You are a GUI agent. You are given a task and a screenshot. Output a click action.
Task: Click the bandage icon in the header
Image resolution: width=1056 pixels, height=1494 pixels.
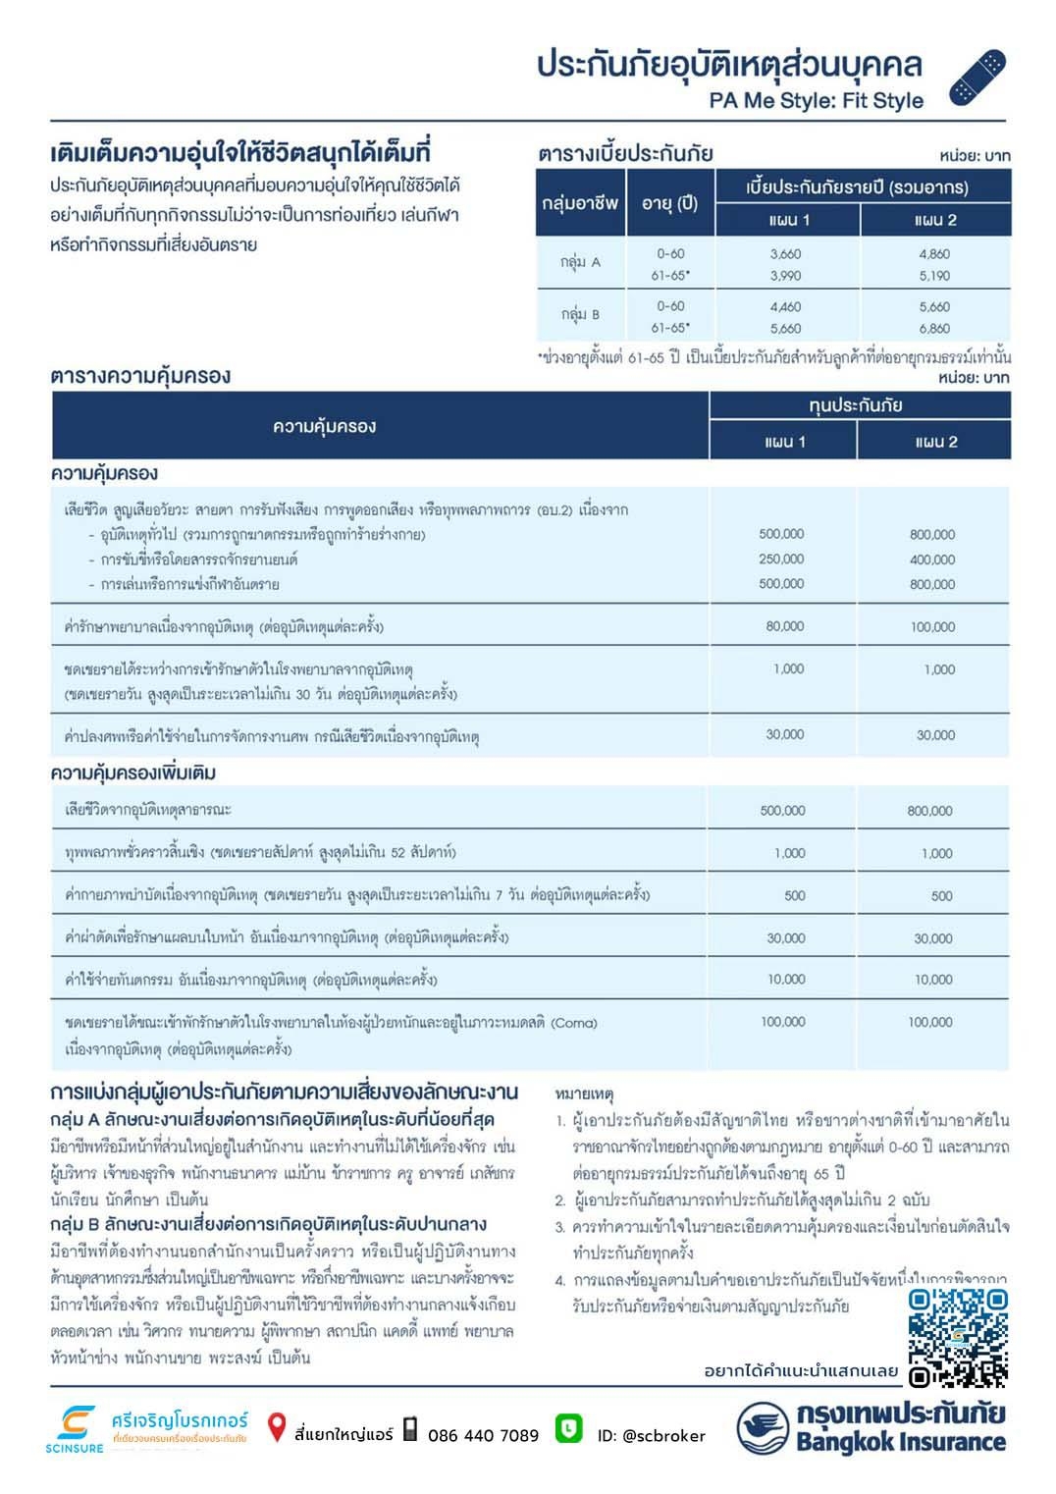click(x=977, y=78)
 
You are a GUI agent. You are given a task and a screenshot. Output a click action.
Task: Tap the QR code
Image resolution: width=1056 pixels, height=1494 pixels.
click(x=957, y=1337)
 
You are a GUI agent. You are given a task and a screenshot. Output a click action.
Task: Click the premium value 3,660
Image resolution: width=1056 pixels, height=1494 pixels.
click(x=785, y=253)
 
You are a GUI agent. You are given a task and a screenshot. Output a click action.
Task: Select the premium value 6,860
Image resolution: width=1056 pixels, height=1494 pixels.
click(x=934, y=329)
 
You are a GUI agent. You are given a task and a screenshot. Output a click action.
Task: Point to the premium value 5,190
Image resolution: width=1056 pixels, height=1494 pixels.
click(x=934, y=276)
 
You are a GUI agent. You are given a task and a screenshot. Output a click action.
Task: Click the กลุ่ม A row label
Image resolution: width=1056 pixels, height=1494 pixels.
click(x=580, y=262)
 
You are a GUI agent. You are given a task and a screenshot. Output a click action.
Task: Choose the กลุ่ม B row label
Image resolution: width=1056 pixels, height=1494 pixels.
click(x=580, y=314)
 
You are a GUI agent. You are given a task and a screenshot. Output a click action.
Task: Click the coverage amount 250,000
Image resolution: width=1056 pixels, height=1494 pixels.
click(x=781, y=559)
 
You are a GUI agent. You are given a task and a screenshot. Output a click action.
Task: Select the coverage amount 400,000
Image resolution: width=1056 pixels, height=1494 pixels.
click(x=931, y=560)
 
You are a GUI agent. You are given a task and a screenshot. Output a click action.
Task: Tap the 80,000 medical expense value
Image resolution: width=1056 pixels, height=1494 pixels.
click(x=785, y=625)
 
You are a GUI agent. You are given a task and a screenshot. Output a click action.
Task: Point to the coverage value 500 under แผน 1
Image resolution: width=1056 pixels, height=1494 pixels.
click(x=795, y=895)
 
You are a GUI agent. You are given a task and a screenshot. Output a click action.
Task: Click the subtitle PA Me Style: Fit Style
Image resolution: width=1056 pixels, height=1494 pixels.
click(x=816, y=100)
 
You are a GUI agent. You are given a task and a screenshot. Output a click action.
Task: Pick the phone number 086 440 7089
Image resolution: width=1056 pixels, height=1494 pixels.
click(x=483, y=1435)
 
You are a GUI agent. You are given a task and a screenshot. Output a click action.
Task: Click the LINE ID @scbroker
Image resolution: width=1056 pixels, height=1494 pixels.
click(x=652, y=1435)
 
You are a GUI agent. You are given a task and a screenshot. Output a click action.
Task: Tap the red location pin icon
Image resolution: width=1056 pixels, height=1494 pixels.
click(x=277, y=1428)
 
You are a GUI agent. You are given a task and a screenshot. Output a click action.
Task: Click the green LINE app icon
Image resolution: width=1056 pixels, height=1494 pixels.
click(x=568, y=1428)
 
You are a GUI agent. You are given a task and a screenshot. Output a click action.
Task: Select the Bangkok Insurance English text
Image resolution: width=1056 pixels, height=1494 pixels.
click(x=900, y=1442)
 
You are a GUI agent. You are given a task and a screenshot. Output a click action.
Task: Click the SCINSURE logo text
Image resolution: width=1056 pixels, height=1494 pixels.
click(x=74, y=1448)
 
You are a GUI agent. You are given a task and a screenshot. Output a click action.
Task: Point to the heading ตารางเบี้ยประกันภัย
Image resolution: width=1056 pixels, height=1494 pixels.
click(x=625, y=153)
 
